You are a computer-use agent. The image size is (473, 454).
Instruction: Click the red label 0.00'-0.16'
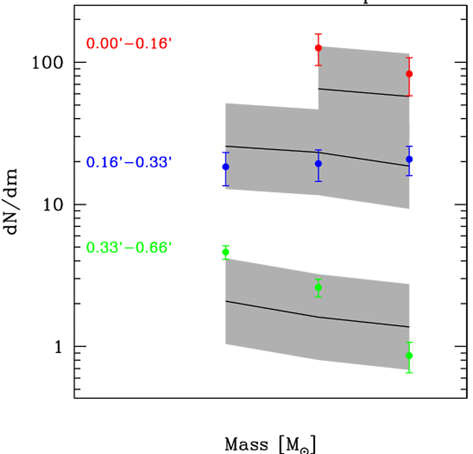[x=129, y=43]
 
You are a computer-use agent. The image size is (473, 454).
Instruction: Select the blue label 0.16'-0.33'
[x=129, y=162]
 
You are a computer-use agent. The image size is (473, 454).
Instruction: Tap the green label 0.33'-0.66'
[x=129, y=248]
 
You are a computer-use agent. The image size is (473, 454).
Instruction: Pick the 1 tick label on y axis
[x=58, y=347]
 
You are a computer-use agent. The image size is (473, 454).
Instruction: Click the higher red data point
[x=318, y=48]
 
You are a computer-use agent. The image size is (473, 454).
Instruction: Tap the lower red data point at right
[x=409, y=74]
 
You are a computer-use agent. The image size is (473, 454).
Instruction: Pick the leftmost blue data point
[x=225, y=167]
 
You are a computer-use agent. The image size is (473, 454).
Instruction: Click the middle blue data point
[x=318, y=164]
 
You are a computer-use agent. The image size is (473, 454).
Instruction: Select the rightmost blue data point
[x=409, y=159]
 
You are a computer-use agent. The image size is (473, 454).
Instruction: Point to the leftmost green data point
[x=225, y=252]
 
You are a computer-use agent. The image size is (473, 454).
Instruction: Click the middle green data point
[x=318, y=288]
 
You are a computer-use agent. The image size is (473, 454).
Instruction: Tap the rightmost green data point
[x=409, y=356]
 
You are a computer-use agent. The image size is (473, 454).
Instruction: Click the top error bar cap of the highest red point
[x=318, y=34]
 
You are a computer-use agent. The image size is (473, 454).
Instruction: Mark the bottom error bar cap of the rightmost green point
[x=409, y=372]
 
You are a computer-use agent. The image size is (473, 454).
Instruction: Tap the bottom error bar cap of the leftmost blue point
[x=225, y=185]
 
